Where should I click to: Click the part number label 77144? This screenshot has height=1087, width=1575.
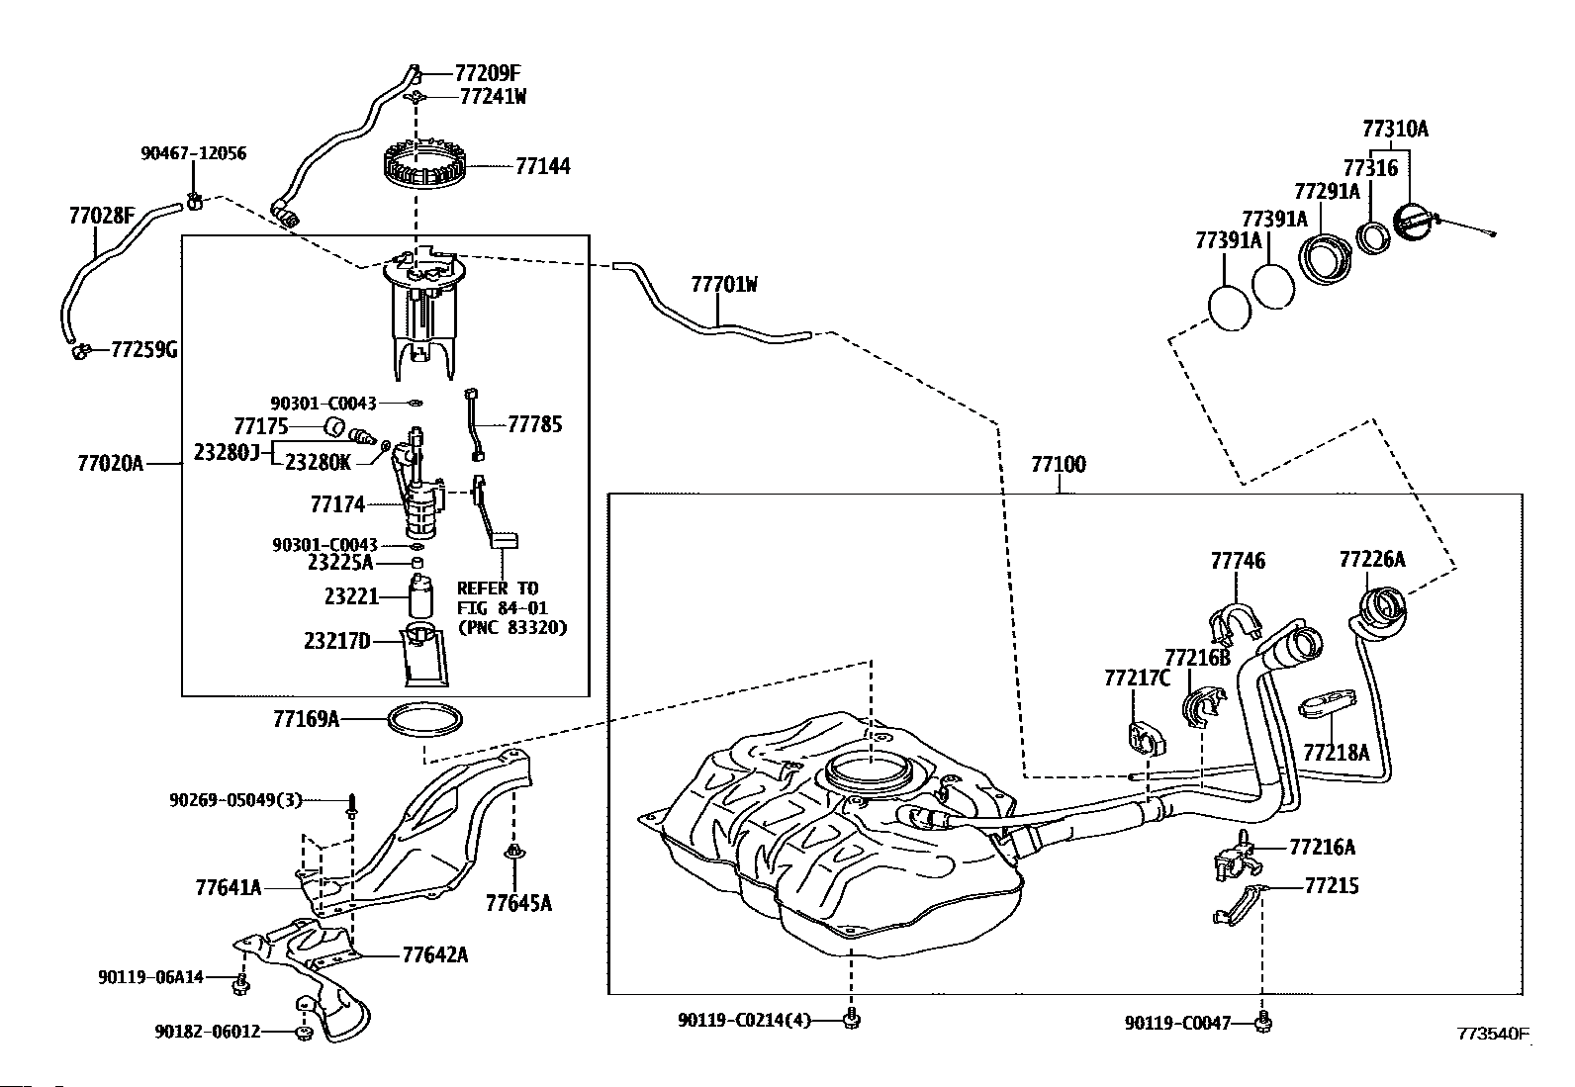click(543, 166)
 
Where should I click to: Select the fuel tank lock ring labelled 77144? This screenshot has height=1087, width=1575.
click(420, 166)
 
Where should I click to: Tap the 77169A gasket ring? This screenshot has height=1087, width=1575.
click(424, 719)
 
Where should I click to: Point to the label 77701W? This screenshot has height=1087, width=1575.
click(723, 284)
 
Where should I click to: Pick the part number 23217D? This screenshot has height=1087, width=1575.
click(336, 641)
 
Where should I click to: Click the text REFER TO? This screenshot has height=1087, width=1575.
click(497, 588)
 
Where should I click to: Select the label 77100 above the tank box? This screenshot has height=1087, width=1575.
click(1059, 464)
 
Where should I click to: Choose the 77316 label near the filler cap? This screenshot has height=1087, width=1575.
click(1370, 168)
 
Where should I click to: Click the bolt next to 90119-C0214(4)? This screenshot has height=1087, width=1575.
click(852, 1019)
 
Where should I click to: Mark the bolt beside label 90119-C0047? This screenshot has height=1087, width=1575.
click(1262, 1022)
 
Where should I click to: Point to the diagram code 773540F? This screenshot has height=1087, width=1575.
click(1493, 1033)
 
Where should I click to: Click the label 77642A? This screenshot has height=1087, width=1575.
click(434, 954)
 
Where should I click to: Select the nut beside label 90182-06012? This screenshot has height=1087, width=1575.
click(304, 1033)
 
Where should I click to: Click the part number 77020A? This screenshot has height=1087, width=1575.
click(111, 463)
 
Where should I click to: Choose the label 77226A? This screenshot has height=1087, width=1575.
click(1372, 559)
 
